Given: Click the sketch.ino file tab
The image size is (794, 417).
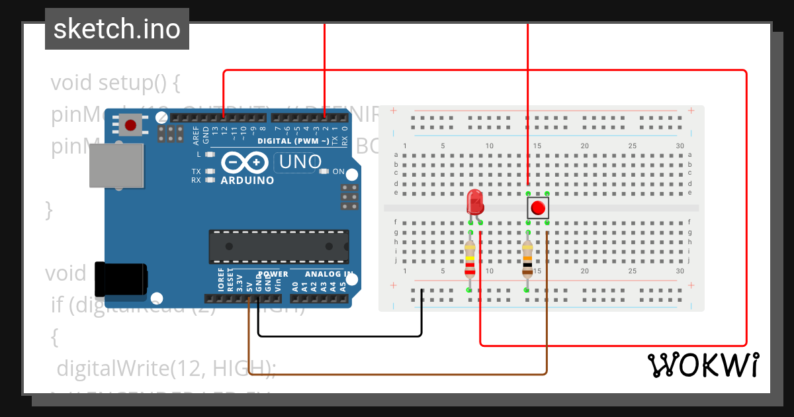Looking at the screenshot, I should pyautogui.click(x=117, y=29).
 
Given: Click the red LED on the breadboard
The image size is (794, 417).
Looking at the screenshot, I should pyautogui.click(x=474, y=201).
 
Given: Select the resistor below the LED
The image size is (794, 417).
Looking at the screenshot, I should pyautogui.click(x=470, y=259).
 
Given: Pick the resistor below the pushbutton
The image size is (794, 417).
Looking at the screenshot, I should pyautogui.click(x=527, y=258).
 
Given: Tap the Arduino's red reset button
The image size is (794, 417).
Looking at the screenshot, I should pyautogui.click(x=130, y=124).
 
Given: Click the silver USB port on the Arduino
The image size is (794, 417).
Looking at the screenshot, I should pyautogui.click(x=116, y=165).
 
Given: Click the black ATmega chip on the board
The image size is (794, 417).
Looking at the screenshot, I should pyautogui.click(x=279, y=246).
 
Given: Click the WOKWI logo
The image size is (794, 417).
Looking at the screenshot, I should pyautogui.click(x=703, y=365).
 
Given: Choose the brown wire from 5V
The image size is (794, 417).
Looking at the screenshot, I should pyautogui.click(x=397, y=375).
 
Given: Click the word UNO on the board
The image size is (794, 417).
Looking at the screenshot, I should pyautogui.click(x=300, y=162).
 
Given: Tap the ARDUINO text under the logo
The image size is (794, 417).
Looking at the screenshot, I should pyautogui.click(x=247, y=181).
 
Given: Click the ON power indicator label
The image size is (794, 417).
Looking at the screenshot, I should pyautogui.click(x=338, y=171).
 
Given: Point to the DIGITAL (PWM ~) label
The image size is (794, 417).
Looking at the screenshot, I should pyautogui.click(x=292, y=142).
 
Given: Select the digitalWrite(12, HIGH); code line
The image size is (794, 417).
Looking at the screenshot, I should pyautogui.click(x=165, y=368).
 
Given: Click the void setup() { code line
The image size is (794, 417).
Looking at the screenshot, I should pyautogui.click(x=115, y=83).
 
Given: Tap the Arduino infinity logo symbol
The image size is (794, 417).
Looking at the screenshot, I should pyautogui.click(x=245, y=162).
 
